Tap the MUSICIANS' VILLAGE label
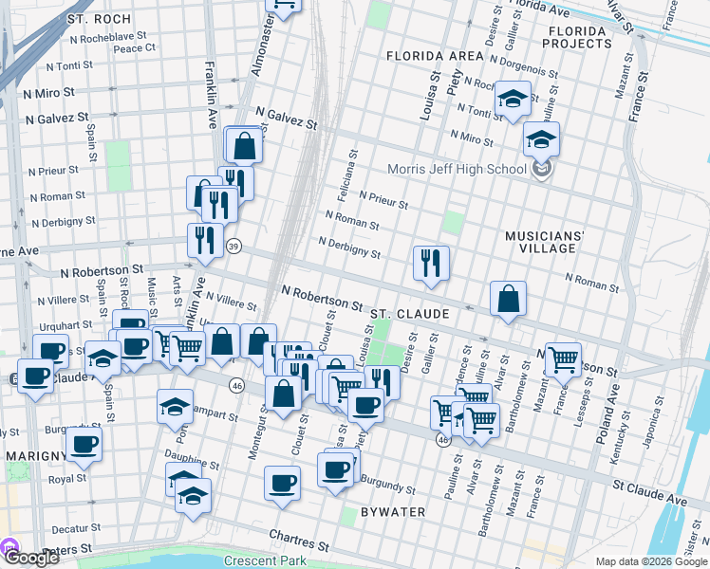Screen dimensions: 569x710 pyautogui.click(x=540, y=241)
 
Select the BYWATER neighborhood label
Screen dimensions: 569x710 pyautogui.click(x=392, y=512)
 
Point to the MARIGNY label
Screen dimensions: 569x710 pyautogui.click(x=34, y=456)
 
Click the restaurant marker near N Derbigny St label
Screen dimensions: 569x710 pyautogui.click(x=431, y=263)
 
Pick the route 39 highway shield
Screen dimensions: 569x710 pyautogui.click(x=234, y=247)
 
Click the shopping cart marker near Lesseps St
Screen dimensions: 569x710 pyautogui.click(x=563, y=359)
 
